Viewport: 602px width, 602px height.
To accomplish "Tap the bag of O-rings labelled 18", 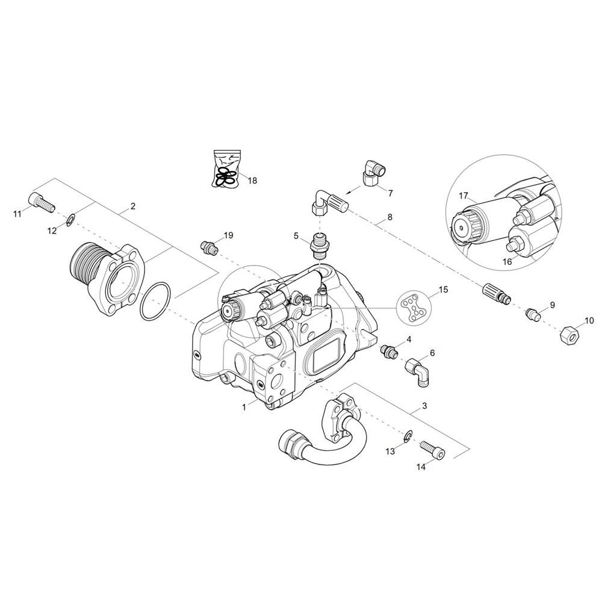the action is [x=225, y=170].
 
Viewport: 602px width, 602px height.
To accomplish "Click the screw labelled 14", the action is [x=434, y=448].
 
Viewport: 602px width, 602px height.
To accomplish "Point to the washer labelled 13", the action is [x=408, y=435].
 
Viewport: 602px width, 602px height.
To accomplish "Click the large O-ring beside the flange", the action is [x=153, y=300].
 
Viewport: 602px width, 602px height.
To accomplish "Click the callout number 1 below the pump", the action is [x=244, y=407].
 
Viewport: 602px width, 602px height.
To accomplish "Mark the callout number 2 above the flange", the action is [x=132, y=206].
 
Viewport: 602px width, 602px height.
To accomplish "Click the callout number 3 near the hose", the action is [x=424, y=406].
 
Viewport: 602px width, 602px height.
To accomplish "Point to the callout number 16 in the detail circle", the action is [x=507, y=261].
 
